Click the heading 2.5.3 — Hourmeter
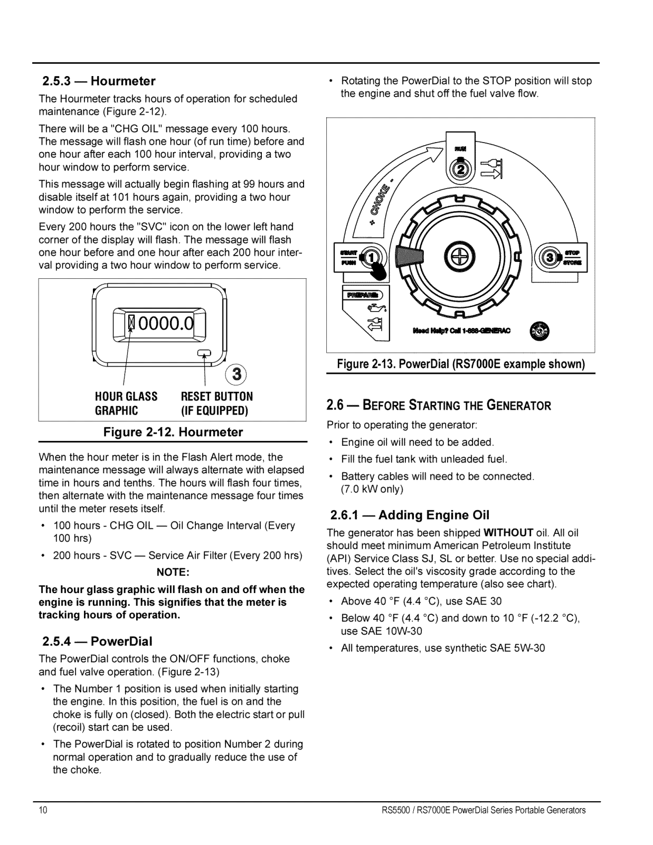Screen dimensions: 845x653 tap(99, 81)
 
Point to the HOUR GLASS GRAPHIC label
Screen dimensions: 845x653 tap(126, 403)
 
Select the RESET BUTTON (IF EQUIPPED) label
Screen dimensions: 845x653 tap(216, 403)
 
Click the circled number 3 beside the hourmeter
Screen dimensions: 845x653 tap(238, 374)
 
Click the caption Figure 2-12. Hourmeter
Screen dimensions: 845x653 tap(173, 432)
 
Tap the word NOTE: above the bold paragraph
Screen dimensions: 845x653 tap(173, 572)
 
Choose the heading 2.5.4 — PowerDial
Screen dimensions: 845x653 tap(98, 641)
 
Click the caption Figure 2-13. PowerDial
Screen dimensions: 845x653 tap(461, 365)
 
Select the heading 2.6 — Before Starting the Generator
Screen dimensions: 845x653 tap(439, 406)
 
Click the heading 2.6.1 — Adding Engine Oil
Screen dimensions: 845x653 tap(410, 515)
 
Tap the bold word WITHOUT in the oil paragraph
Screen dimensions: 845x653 tap(504, 532)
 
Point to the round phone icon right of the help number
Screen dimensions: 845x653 tap(540, 331)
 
